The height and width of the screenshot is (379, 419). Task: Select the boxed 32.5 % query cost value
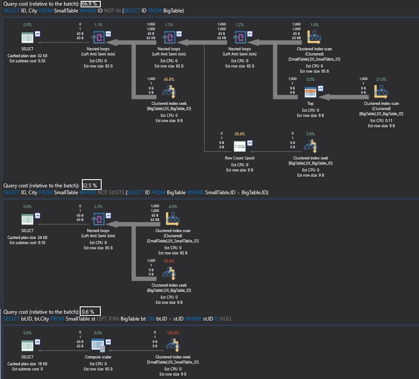91,185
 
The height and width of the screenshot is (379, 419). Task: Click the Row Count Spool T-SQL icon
240,146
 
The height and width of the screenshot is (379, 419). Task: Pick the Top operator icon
310,92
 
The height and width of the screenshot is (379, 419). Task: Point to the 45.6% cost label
169,79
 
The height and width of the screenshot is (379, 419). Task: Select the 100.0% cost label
172,333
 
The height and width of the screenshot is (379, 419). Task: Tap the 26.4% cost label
240,134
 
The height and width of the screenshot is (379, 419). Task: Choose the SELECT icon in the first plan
27,38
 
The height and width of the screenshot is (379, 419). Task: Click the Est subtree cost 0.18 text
27,243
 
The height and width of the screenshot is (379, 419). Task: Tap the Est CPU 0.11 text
381,121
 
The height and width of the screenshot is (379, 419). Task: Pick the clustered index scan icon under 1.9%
314,38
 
